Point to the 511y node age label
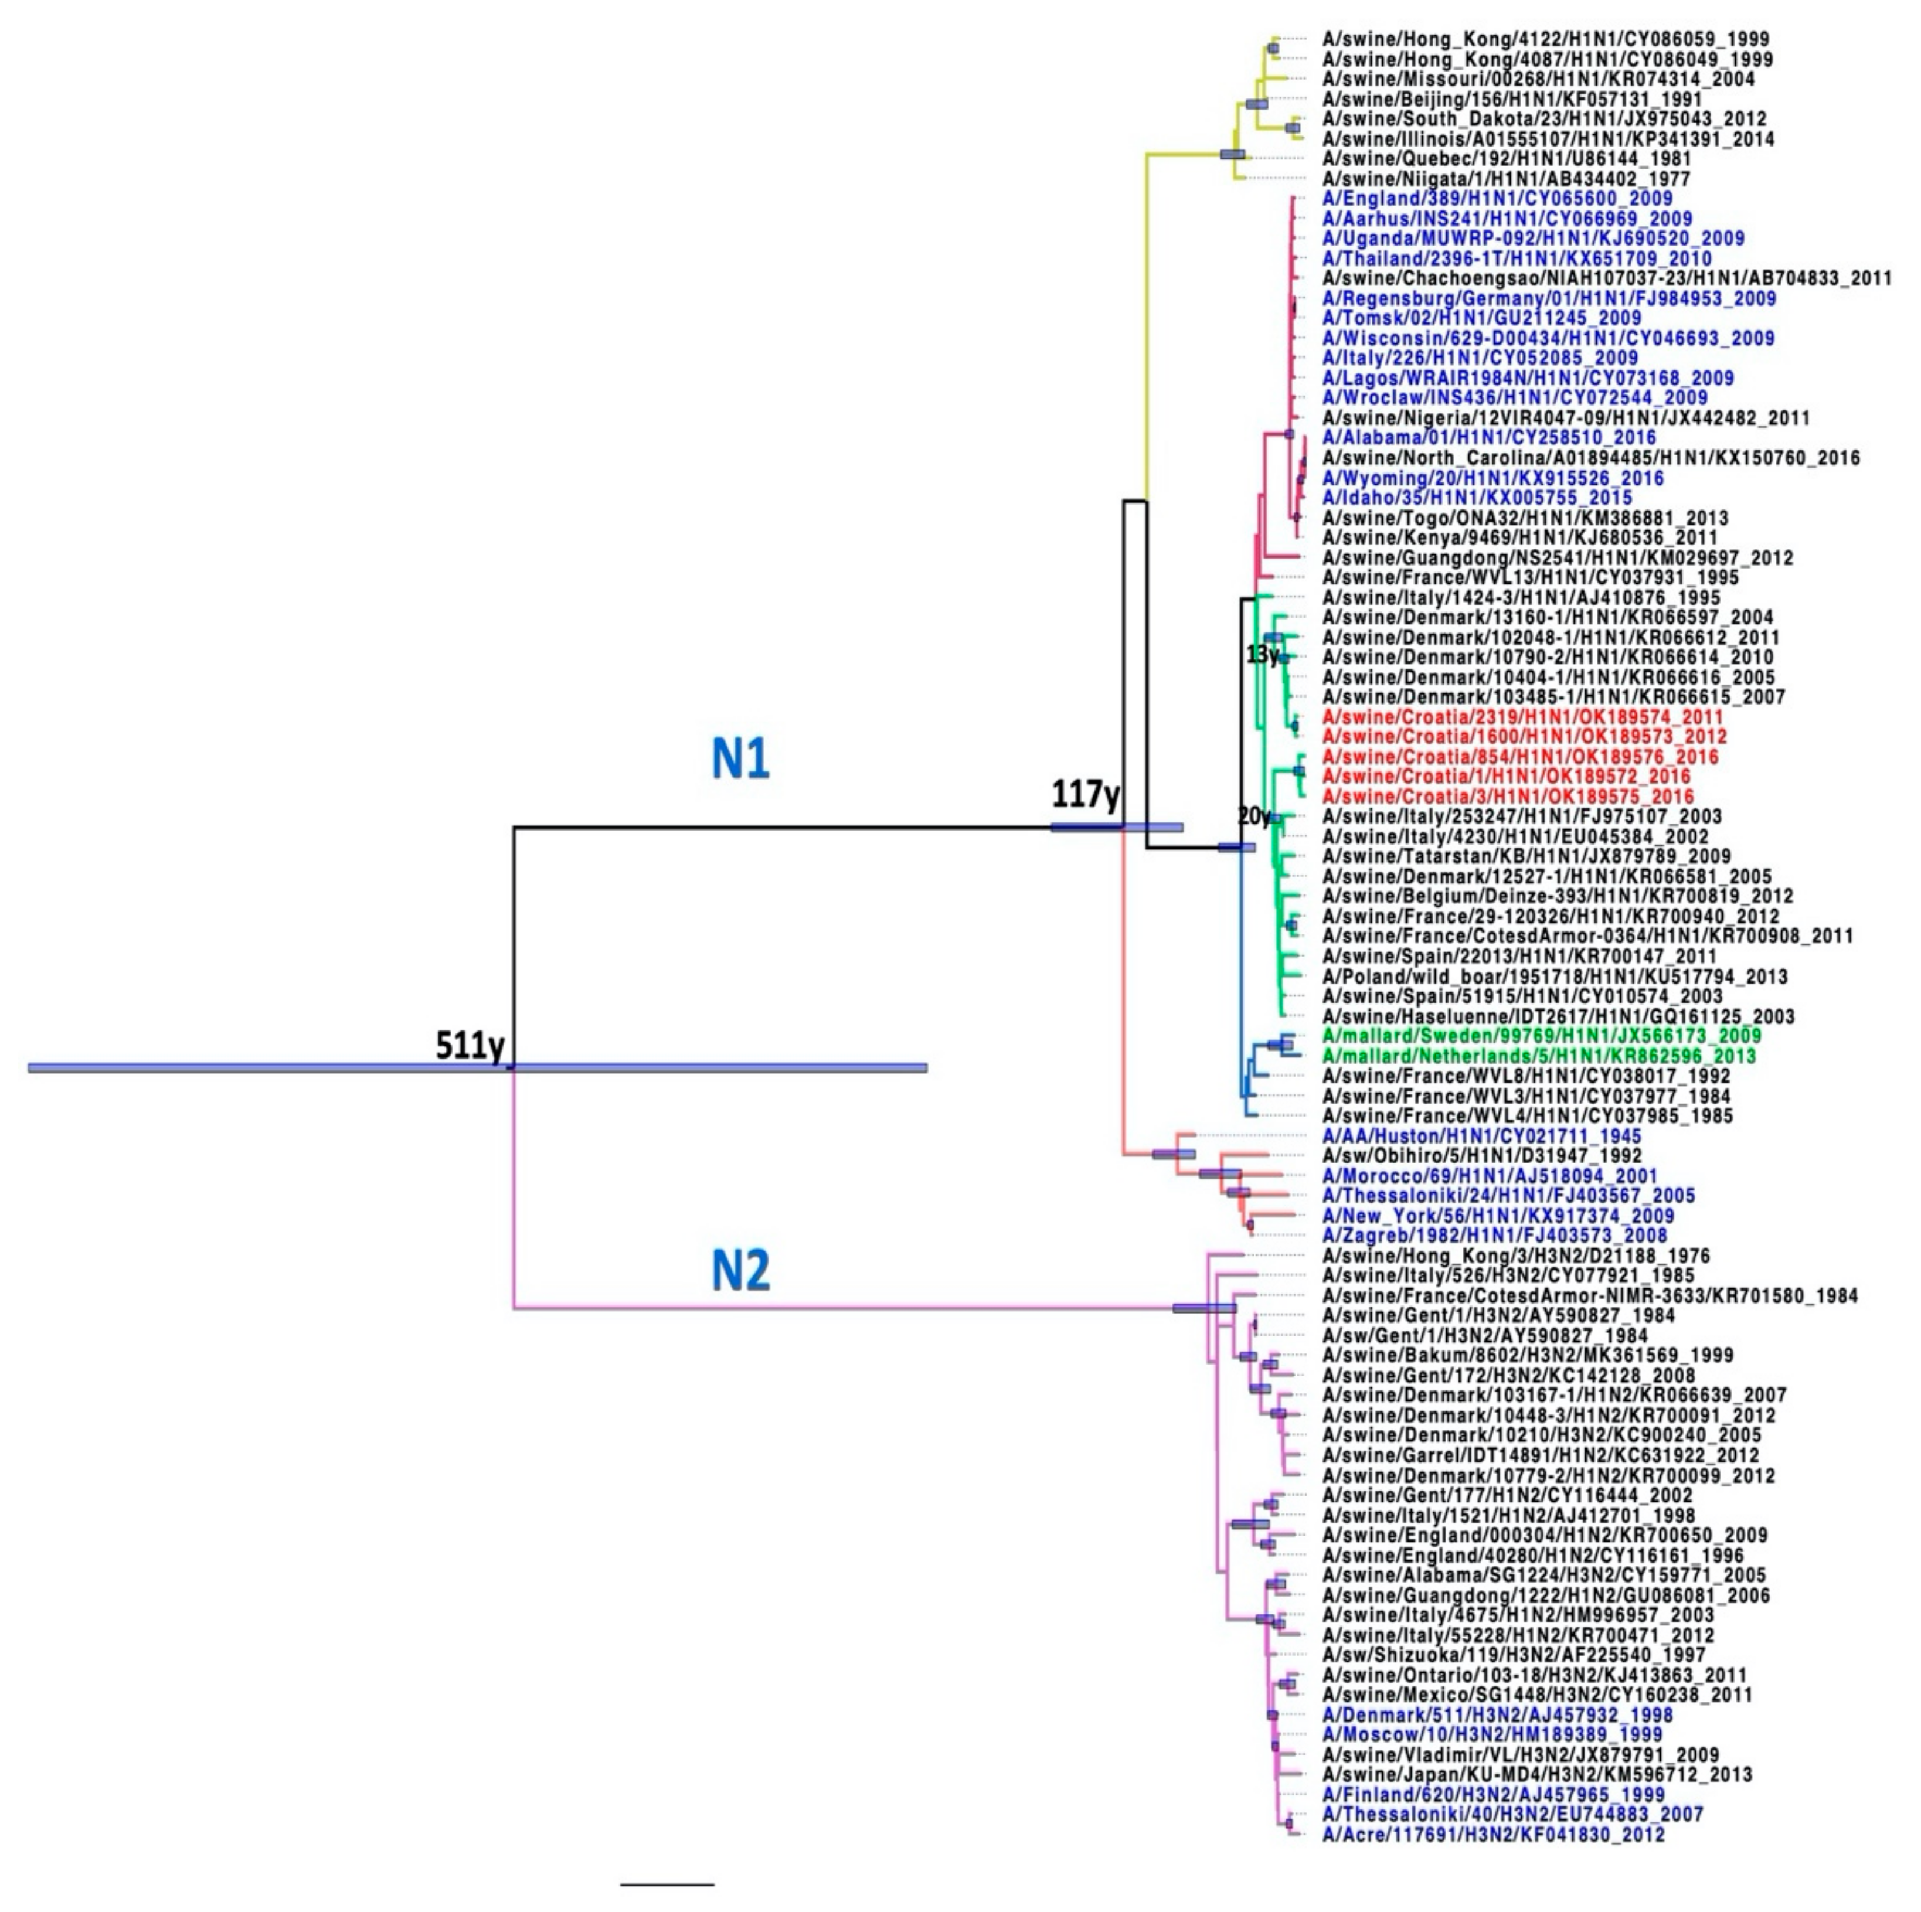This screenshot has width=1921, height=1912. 470,1046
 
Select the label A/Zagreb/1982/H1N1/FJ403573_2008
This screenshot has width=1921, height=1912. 1494,1236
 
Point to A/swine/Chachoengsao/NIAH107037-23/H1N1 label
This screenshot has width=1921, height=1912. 1606,278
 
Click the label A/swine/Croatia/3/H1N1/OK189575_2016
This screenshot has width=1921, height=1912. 1507,797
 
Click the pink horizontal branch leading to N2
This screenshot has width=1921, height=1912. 845,1308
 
